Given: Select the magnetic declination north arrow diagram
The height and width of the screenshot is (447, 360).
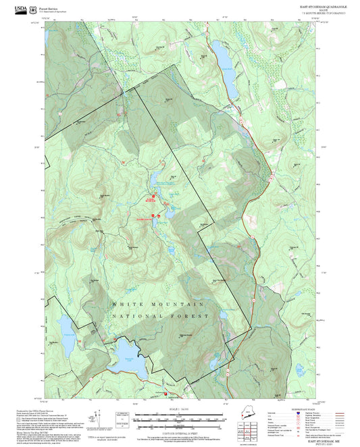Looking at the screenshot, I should pyautogui.click(x=101, y=416).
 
